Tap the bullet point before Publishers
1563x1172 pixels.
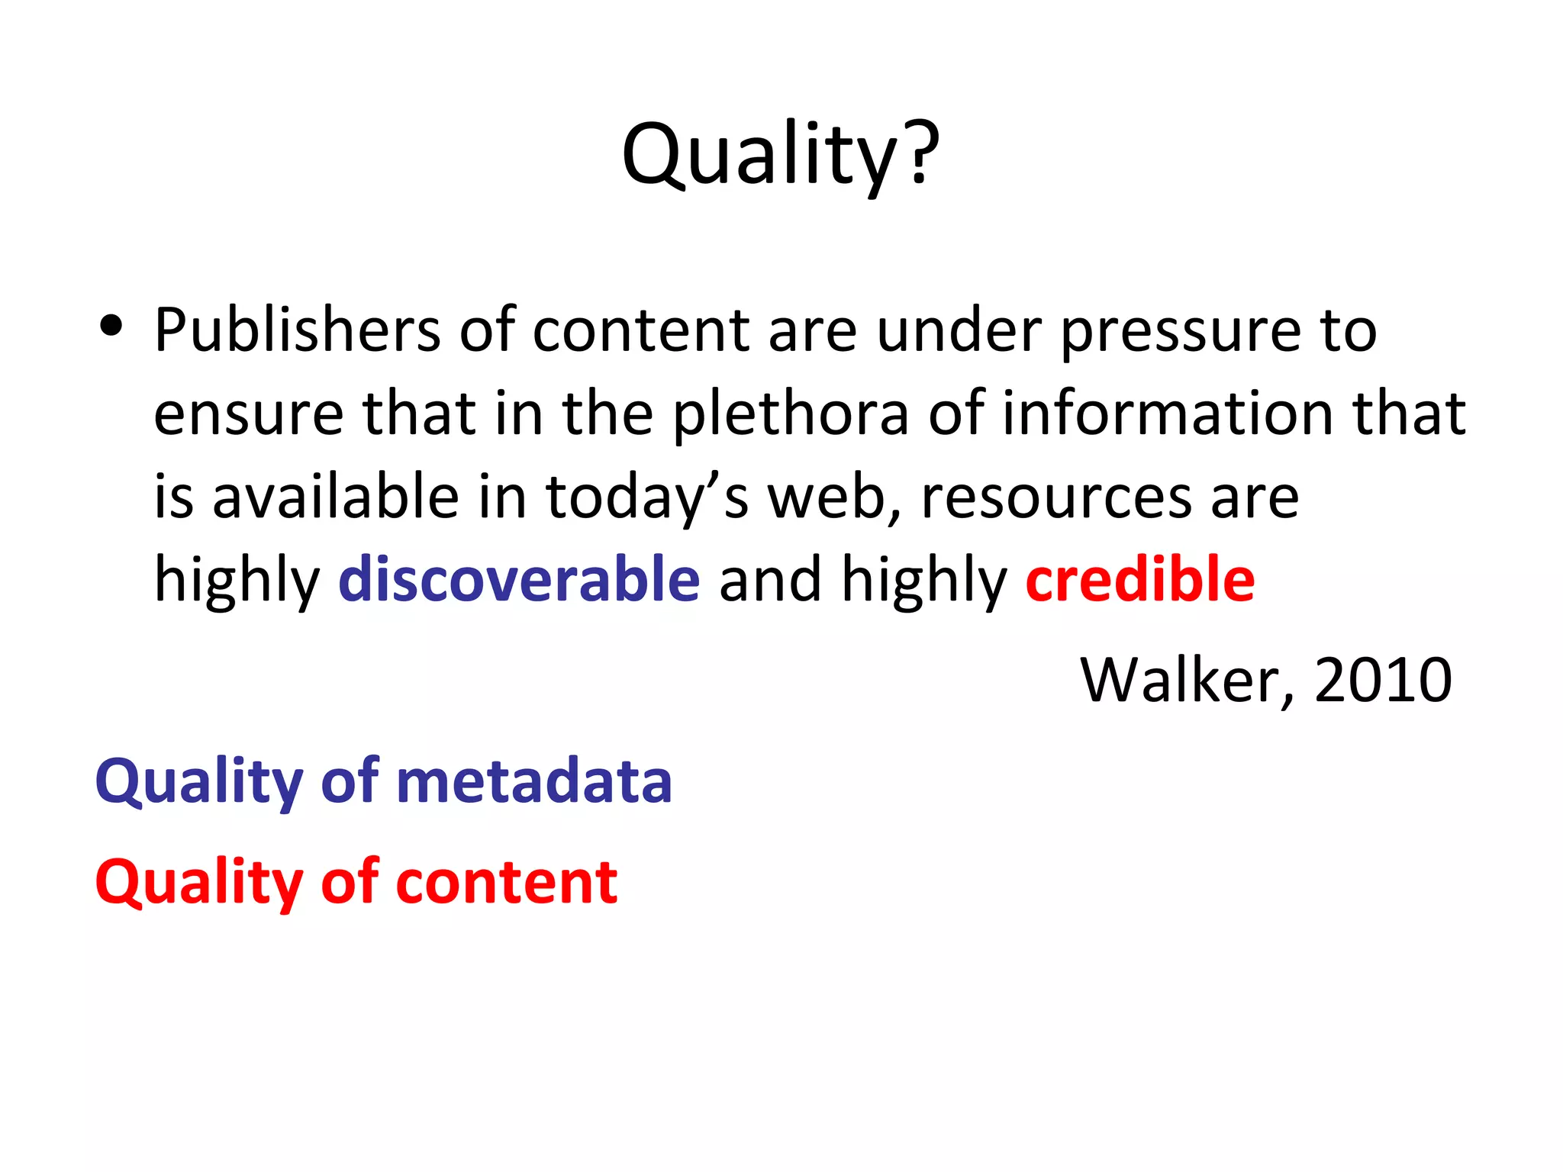[111, 327]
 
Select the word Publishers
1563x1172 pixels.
[297, 330]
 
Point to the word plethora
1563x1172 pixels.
[791, 415]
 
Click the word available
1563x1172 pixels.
[335, 497]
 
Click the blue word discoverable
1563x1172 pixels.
[519, 580]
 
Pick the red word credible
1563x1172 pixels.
[1140, 580]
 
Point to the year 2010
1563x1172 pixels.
[1382, 680]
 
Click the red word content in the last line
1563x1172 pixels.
[507, 882]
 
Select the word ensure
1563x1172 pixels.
[249, 415]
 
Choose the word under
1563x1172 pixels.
[959, 330]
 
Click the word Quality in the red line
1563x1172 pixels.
[199, 884]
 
